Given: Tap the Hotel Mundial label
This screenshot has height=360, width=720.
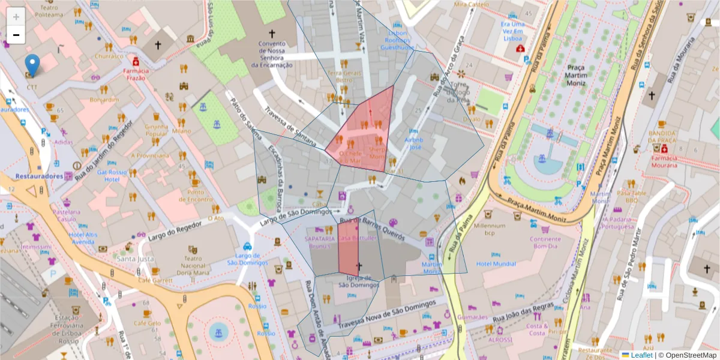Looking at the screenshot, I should pos(496,264).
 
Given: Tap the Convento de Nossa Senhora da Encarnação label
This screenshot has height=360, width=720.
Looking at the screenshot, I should pos(275,54).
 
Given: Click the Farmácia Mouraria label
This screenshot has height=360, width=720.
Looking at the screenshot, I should pos(663,162).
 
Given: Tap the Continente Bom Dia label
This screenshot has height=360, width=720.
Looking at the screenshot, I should pos(545,242).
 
